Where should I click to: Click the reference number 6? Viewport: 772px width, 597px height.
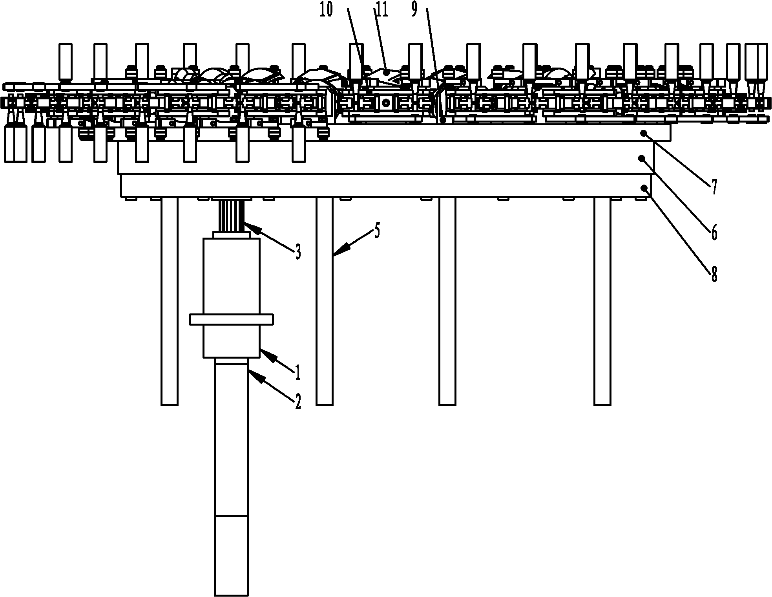pyautogui.click(x=714, y=233)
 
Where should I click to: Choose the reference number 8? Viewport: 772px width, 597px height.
pyautogui.click(x=714, y=274)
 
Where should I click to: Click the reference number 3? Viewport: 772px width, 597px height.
pyautogui.click(x=298, y=252)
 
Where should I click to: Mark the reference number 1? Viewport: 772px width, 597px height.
pyautogui.click(x=298, y=372)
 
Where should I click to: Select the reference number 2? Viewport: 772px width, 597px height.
pyautogui.click(x=298, y=402)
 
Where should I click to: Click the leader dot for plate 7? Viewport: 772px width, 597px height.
pyautogui.click(x=644, y=133)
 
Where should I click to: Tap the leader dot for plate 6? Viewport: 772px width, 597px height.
pyautogui.click(x=642, y=158)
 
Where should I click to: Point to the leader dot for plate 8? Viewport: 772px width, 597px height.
pyautogui.click(x=644, y=188)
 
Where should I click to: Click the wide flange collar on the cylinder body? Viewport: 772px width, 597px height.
pyautogui.click(x=231, y=319)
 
